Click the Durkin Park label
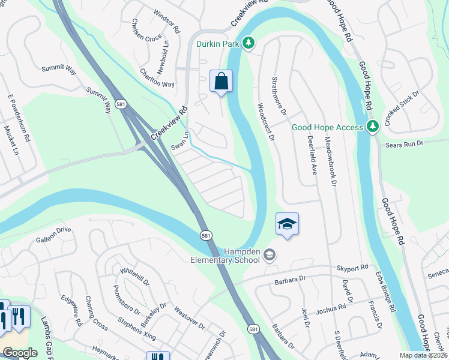pyautogui.click(x=218, y=44)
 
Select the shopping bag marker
pyautogui.click(x=221, y=80)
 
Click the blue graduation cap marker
pyautogui.click(x=288, y=225)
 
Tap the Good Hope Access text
pyautogui.click(x=327, y=127)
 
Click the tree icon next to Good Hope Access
pyautogui.click(x=372, y=127)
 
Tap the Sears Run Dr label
pyautogui.click(x=404, y=144)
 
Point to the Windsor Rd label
pyautogui.click(x=167, y=20)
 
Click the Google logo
pyautogui.click(x=19, y=353)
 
